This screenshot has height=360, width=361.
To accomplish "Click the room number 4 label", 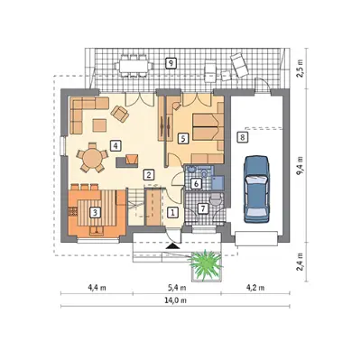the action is click(116, 145).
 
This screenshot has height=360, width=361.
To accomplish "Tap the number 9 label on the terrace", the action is click(171, 63).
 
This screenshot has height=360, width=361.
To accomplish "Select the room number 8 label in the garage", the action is click(243, 137).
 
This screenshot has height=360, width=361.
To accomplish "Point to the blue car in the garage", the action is click(256, 189).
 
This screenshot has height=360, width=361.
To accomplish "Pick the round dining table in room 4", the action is click(92, 158).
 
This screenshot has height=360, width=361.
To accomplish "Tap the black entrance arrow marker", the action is click(172, 246).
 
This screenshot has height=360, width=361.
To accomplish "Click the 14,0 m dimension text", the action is click(175, 300).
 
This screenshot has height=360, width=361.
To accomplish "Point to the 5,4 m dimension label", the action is click(177, 288).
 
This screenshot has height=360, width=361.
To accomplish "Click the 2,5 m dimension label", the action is click(301, 69).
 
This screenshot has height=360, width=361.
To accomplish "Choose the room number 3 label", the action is click(95, 213).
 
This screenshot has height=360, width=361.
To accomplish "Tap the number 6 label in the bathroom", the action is click(196, 183).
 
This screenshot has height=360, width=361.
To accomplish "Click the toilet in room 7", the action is click(216, 199).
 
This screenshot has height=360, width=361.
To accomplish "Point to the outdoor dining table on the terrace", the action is click(134, 66).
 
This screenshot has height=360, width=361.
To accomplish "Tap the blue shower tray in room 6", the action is click(218, 183).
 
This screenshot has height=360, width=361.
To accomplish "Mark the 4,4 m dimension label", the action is click(97, 288).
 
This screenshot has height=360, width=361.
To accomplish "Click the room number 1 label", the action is click(172, 212).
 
